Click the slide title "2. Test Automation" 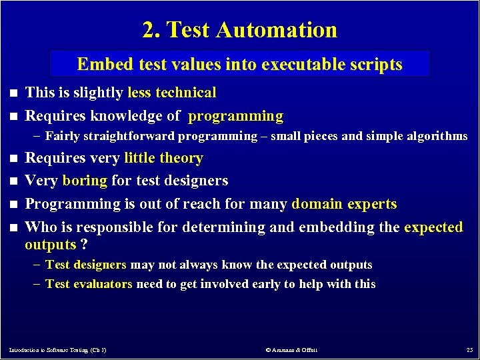tap(240, 29)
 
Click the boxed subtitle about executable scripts tap(240, 64)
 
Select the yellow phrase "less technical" tap(172, 93)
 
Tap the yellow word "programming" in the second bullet tap(236, 116)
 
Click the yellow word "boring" tap(85, 181)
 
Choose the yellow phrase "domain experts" tap(344, 204)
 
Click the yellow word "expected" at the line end tap(433, 227)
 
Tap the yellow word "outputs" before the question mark tap(51, 245)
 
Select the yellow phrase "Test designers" tap(86, 265)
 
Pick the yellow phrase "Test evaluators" tap(89, 284)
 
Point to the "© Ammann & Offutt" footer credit tap(291, 349)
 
